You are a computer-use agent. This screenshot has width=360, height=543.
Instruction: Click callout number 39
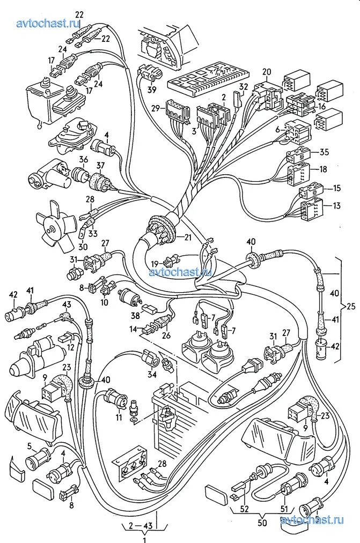point(152,90)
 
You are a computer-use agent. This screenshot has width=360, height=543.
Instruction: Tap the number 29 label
point(155,108)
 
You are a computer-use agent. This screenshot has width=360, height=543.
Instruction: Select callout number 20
point(267,72)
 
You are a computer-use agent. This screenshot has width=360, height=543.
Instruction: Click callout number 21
point(187,237)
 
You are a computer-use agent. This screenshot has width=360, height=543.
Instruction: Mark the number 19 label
point(155,264)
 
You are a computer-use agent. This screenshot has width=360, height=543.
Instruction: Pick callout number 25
point(351,306)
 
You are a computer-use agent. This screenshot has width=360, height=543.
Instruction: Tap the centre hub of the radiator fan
point(52,231)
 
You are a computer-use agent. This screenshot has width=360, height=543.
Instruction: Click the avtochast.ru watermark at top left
point(48,23)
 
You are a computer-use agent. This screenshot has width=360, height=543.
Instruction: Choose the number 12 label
point(70,347)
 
